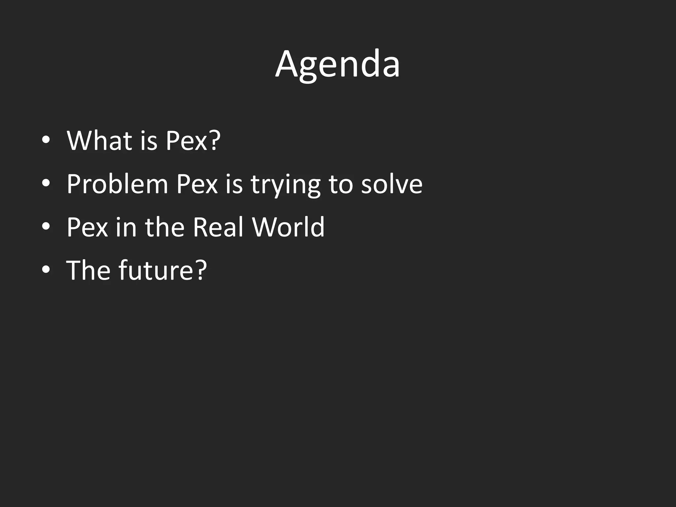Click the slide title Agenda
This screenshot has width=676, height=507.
coord(337,64)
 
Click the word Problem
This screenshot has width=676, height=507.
coord(117,184)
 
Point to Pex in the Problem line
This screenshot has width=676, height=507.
coord(197,184)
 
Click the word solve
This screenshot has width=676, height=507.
coord(391,184)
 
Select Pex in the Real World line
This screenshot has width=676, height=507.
coord(87,227)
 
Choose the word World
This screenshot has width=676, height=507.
coord(288,227)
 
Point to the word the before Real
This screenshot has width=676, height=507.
coord(164,227)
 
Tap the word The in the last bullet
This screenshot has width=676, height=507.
coord(88,270)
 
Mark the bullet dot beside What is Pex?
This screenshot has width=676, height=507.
coord(46,140)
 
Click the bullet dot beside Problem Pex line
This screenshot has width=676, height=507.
coord(46,184)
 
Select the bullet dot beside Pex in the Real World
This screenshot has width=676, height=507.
coord(46,227)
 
